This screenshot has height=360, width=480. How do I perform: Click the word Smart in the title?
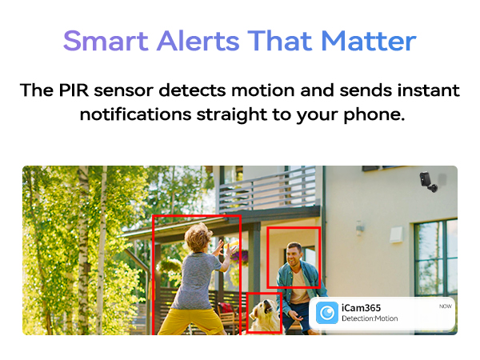coord(98,40)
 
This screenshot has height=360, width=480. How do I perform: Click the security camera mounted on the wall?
coord(429,182)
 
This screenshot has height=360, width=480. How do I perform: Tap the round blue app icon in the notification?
coord(326,314)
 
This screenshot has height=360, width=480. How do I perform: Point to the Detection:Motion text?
coord(370,319)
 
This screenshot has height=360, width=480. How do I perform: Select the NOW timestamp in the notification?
coord(445,306)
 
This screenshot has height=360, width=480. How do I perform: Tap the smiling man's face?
coord(295,257)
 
